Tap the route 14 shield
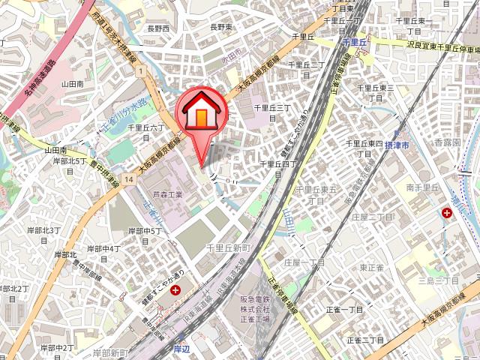click(x=130, y=179)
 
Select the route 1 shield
click(x=140, y=70)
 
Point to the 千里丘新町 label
click(x=227, y=247)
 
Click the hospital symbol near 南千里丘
click(x=448, y=214)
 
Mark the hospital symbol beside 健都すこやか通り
click(x=175, y=290)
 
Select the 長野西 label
click(x=158, y=28)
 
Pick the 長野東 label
click(x=222, y=27)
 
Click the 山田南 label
click(x=73, y=85)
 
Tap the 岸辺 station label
click(x=181, y=349)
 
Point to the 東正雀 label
click(x=372, y=267)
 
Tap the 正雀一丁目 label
click(x=344, y=309)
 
